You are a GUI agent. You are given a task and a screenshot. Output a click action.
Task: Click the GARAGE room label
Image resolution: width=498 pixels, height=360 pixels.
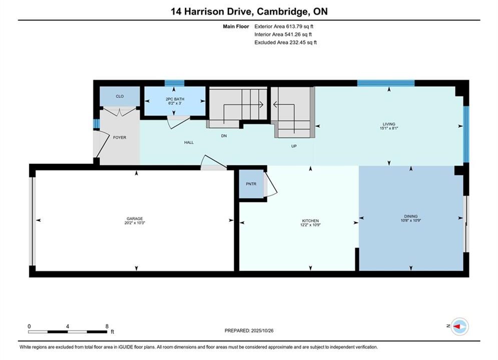coord(135,218)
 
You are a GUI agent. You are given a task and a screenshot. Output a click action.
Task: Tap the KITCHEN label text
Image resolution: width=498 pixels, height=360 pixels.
coord(310,221)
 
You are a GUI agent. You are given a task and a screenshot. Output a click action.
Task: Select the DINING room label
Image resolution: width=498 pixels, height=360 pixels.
coord(411,216)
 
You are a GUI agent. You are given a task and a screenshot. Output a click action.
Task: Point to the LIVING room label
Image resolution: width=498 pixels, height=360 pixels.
coord(389,124)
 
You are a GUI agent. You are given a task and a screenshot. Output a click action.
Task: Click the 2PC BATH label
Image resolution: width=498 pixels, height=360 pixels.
coord(175,99)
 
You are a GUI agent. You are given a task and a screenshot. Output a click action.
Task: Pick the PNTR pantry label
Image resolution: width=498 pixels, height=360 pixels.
coord(251,184)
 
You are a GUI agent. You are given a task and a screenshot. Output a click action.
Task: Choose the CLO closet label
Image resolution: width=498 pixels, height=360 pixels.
coord(120,96)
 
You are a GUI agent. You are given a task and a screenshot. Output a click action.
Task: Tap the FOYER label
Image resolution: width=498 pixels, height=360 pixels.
coord(120,137)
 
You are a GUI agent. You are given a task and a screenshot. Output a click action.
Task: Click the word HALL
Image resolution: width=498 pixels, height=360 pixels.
coord(189,142)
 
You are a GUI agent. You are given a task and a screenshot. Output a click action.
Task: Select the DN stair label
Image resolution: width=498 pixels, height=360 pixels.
coord(224,136)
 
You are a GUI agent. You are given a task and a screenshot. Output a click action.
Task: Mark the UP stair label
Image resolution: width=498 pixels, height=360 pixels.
coord(294,146)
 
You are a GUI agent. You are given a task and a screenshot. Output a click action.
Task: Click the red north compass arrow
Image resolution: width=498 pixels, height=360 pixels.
coord(457,326)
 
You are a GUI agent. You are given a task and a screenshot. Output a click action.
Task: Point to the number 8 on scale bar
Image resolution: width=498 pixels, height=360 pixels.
coord(107,326)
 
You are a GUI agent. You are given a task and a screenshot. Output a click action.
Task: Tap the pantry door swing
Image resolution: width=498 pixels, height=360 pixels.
coord(271,184)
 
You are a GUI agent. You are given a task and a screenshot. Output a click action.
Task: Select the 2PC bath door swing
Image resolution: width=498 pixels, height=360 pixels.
coord(179,122)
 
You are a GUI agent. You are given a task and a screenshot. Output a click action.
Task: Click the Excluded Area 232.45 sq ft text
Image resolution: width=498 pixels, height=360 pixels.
coord(285,42)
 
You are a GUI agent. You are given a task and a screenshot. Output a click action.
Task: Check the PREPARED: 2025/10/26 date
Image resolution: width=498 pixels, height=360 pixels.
coord(249,330)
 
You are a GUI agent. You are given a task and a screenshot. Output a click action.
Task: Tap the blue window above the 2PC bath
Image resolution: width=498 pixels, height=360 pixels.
coord(174,83)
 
